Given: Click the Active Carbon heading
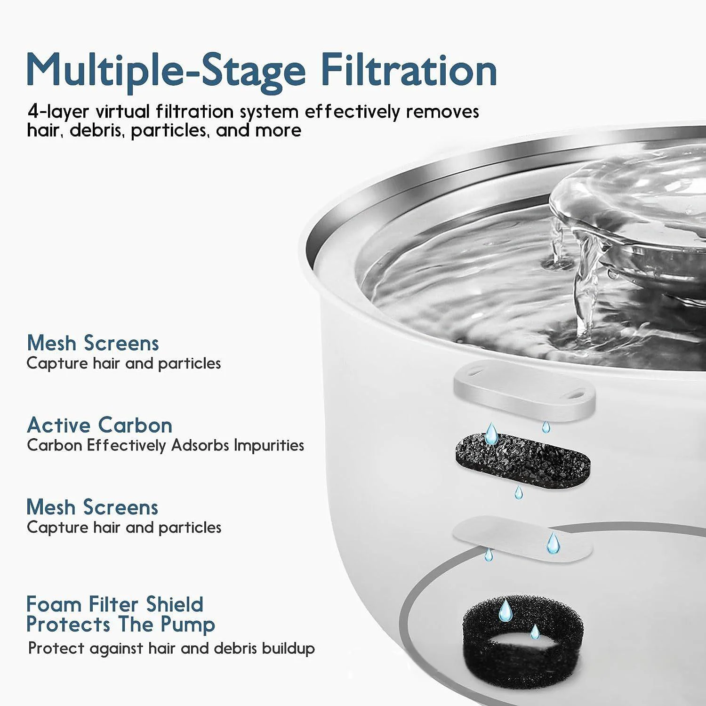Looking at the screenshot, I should (x=99, y=425).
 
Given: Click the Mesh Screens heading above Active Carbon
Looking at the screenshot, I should (x=93, y=343).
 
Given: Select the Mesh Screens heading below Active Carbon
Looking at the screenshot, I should (x=92, y=507).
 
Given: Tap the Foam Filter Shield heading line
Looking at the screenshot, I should (x=115, y=604).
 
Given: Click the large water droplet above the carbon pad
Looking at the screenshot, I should (x=491, y=433).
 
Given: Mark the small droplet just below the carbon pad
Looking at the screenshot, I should (x=518, y=493).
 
